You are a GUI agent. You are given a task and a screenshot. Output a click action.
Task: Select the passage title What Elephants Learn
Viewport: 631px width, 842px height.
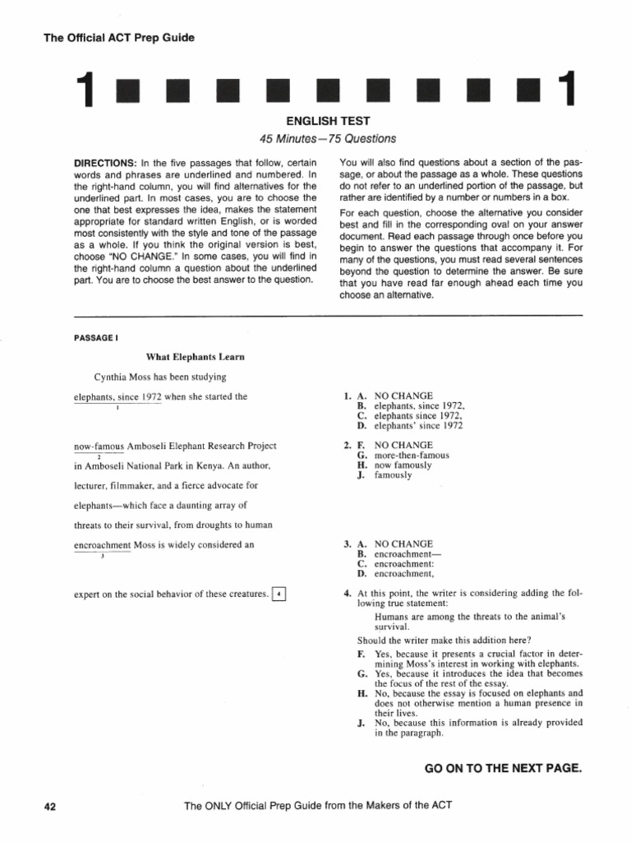(x=195, y=357)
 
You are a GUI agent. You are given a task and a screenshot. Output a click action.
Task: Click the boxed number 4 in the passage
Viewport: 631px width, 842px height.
(x=279, y=594)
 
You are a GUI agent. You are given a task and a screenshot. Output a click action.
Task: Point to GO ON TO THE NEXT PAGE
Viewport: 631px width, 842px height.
(x=503, y=768)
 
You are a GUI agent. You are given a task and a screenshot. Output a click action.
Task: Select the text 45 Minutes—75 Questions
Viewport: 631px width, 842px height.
(x=315, y=138)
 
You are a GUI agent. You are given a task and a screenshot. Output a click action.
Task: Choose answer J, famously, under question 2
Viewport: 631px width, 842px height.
(x=393, y=475)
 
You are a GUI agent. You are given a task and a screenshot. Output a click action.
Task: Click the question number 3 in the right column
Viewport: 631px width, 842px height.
(x=347, y=544)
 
